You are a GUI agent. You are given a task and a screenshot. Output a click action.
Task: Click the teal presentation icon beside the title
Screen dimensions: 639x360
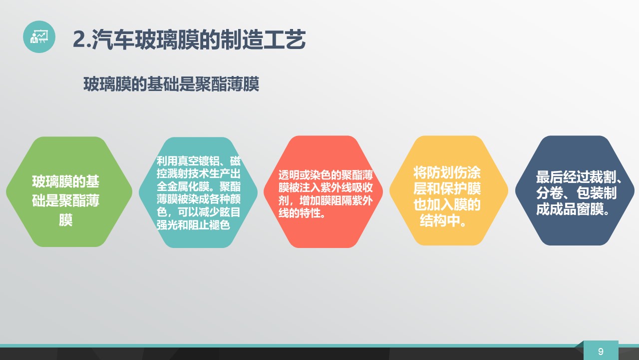click(x=39, y=36)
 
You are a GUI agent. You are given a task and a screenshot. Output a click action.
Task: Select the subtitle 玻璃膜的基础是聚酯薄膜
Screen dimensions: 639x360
click(x=171, y=84)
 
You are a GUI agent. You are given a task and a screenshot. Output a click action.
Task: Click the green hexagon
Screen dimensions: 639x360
click(x=69, y=191)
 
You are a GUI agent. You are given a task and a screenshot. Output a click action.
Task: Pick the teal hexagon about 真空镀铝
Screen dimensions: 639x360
click(x=198, y=192)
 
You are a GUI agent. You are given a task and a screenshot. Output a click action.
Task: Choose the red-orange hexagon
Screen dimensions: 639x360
click(x=323, y=191)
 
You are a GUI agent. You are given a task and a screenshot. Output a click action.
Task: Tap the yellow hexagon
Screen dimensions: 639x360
click(x=449, y=190)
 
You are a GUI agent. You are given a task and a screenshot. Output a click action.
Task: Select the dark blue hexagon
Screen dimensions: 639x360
click(x=575, y=190)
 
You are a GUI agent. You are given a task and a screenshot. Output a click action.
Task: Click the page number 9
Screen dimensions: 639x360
click(x=601, y=351)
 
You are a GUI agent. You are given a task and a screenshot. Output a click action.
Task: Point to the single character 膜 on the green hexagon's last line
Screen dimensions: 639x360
click(x=65, y=220)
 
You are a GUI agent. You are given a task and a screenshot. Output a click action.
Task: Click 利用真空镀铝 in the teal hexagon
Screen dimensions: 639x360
click(x=188, y=161)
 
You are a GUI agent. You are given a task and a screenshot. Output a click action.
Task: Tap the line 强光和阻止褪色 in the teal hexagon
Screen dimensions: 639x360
click(x=193, y=225)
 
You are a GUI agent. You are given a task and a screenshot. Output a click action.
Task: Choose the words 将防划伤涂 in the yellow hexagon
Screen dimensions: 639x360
click(x=447, y=172)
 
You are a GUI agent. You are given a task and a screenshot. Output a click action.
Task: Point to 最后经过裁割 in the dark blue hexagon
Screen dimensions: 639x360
click(x=576, y=177)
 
